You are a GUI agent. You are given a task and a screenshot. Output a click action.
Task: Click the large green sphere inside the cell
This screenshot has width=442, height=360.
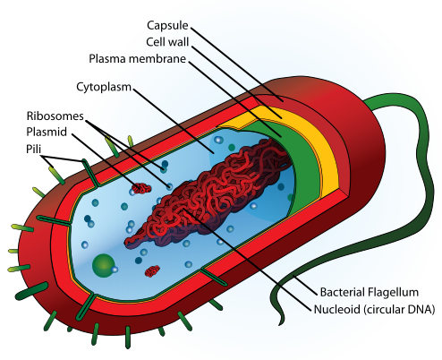(x=104, y=264)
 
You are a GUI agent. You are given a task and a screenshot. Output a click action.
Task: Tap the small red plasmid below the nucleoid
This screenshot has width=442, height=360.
(x=151, y=270)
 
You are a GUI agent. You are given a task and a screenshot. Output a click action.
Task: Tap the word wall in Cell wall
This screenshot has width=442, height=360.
(x=182, y=41)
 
